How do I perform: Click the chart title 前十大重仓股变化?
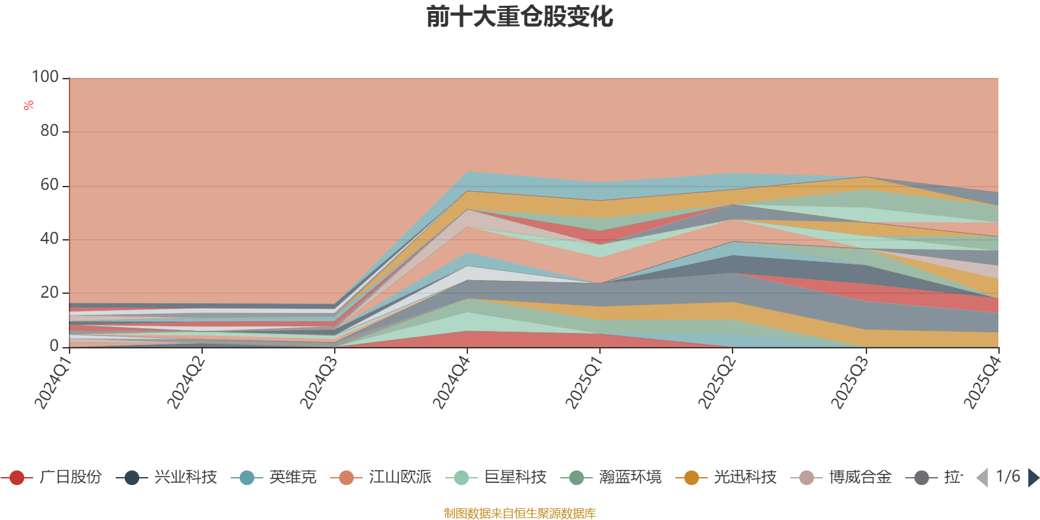pyautogui.click(x=519, y=17)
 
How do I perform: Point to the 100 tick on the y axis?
pyautogui.click(x=45, y=77)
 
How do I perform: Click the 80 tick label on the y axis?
pyautogui.click(x=49, y=131)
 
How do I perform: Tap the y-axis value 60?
pyautogui.click(x=49, y=185)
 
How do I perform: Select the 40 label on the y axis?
pyautogui.click(x=49, y=239)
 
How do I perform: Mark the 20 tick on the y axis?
pyautogui.click(x=49, y=292)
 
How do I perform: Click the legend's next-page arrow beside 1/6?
pyautogui.click(x=1033, y=478)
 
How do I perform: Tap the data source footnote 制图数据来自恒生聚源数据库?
pyautogui.click(x=519, y=513)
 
